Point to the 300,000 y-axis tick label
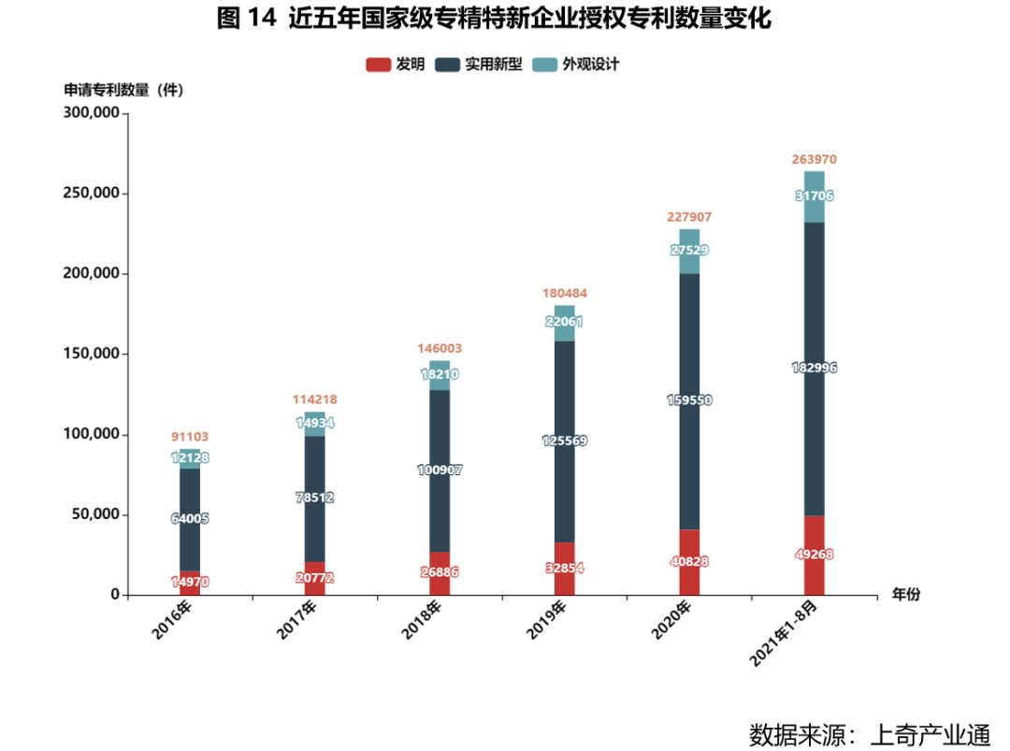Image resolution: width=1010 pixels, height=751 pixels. [x=91, y=113]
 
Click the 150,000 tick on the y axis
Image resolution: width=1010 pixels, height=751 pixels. [x=91, y=354]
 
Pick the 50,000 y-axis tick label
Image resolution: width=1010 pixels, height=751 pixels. [x=94, y=514]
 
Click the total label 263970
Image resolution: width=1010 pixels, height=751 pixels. [x=814, y=160]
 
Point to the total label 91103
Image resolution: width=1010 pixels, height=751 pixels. [x=190, y=437]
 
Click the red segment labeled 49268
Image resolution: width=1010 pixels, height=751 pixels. [x=814, y=555]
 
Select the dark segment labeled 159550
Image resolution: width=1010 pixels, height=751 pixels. [x=689, y=399]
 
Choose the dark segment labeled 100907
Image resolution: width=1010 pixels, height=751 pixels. [x=440, y=469]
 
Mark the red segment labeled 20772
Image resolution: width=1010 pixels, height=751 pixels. [x=315, y=578]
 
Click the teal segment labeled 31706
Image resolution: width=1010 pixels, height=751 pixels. [x=814, y=195]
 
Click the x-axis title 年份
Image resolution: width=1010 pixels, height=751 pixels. [x=905, y=595]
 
